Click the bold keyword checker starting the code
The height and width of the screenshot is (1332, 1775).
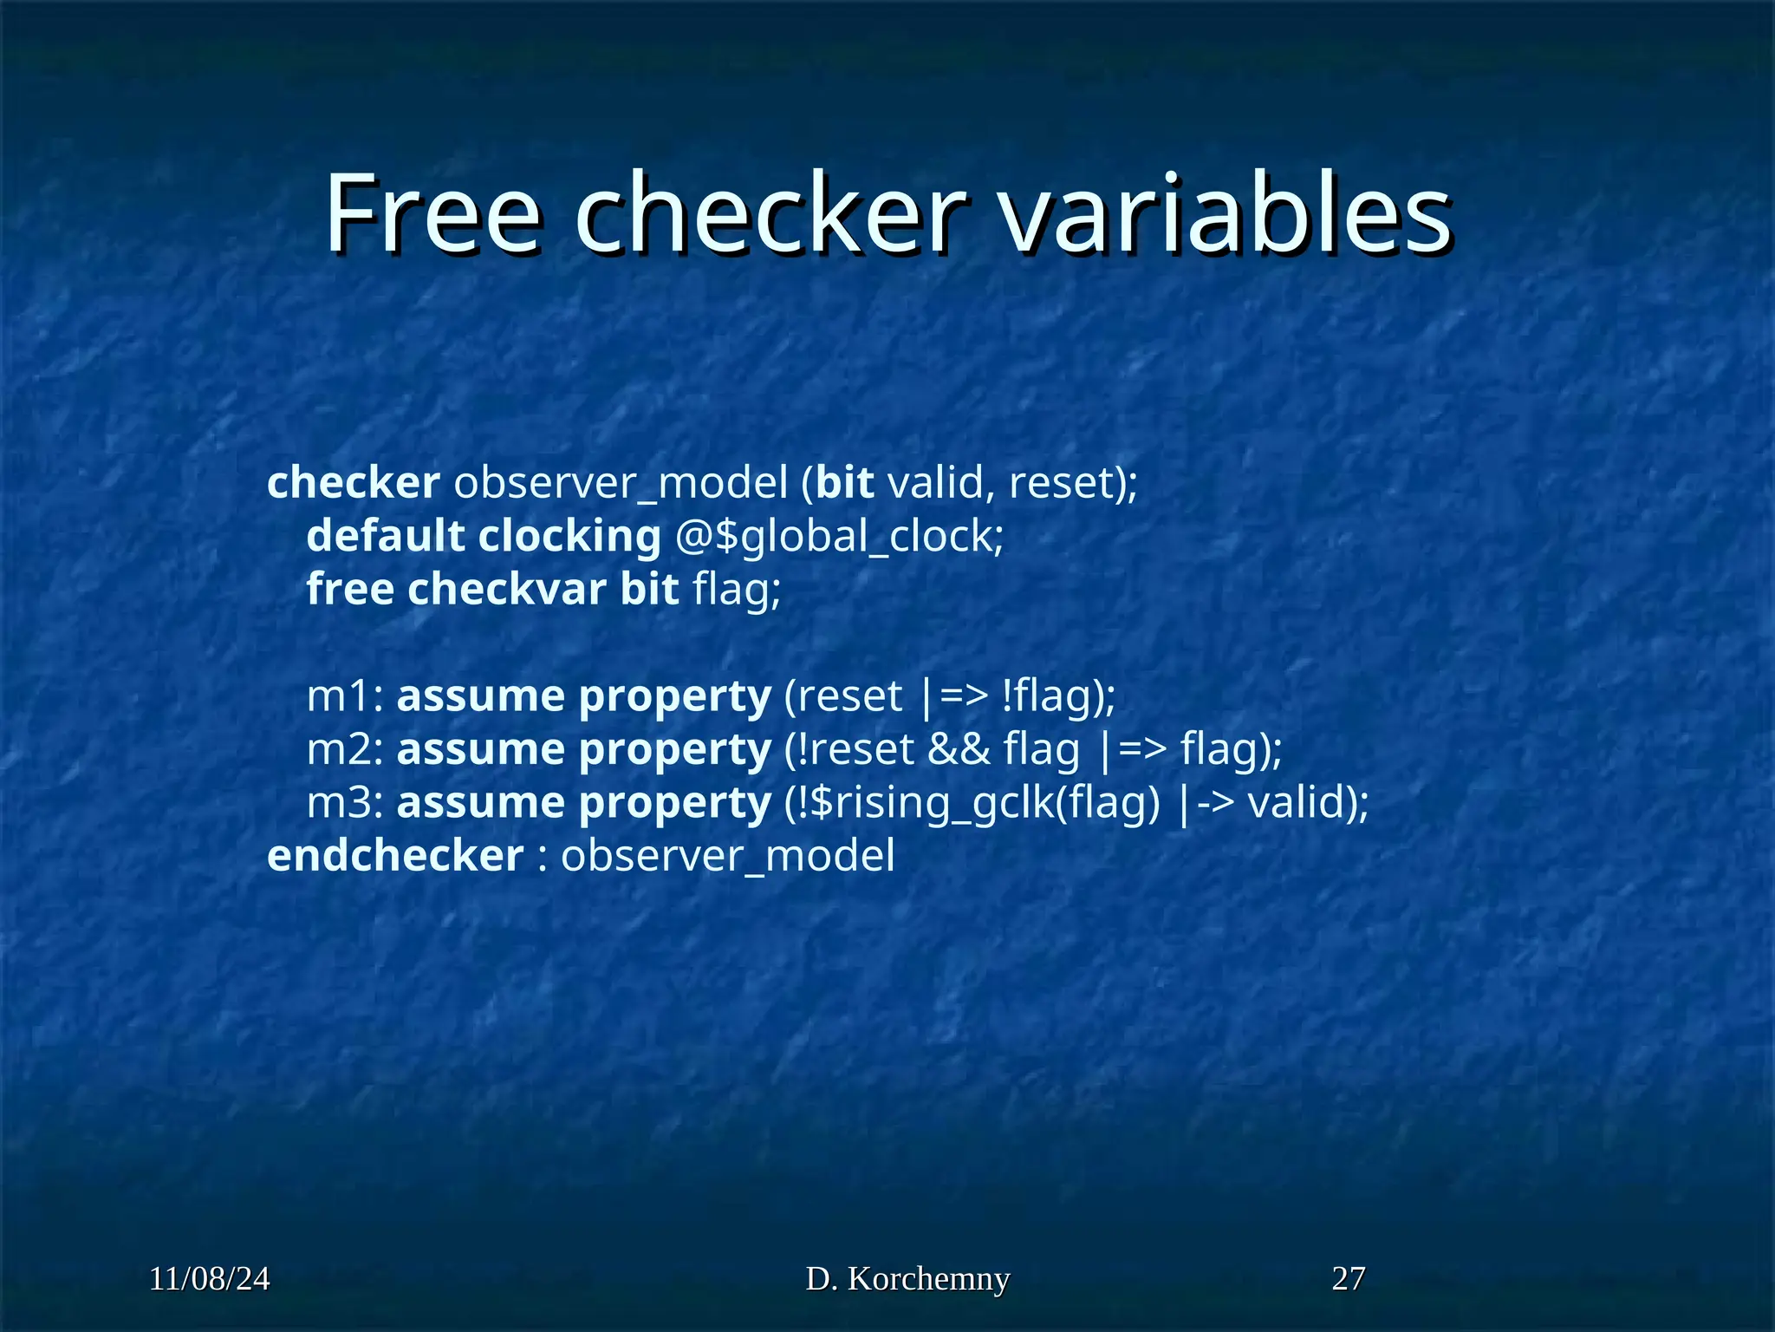(x=353, y=483)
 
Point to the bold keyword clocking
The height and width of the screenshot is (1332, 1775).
(x=569, y=536)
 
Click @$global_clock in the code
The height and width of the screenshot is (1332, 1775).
(x=839, y=537)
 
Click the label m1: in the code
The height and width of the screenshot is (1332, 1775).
(x=345, y=696)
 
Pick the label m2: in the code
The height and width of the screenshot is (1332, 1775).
(x=345, y=749)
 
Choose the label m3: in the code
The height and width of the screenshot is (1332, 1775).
(x=345, y=803)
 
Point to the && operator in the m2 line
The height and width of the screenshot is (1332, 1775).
(x=959, y=749)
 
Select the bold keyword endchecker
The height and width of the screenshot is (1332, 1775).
(x=395, y=856)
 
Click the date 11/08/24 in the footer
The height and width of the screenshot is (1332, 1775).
(x=210, y=1279)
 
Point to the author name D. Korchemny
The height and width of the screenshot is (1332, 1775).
(x=907, y=1279)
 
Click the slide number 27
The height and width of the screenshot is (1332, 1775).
(x=1349, y=1279)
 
